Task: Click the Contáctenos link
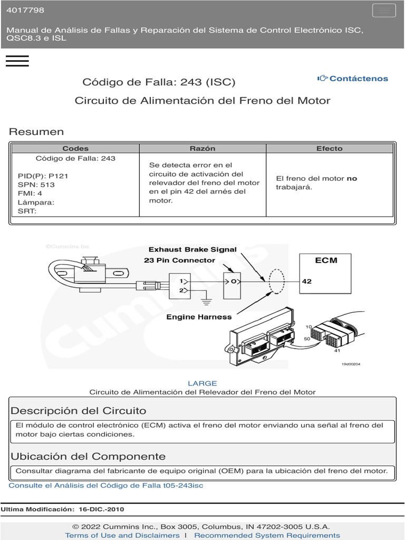point(353,79)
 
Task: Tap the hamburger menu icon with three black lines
point(17,61)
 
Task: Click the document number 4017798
point(25,10)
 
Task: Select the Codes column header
point(75,149)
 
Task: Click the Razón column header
point(202,149)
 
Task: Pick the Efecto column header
point(330,149)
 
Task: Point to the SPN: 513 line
point(36,185)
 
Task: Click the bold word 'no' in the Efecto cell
point(352,178)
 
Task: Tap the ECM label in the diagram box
point(326,260)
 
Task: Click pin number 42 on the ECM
point(307,281)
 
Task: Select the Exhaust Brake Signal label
point(192,249)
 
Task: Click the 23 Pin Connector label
point(179,261)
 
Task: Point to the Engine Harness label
point(199,317)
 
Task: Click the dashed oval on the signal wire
point(276,282)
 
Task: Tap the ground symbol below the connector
point(207,302)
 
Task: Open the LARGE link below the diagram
point(202,383)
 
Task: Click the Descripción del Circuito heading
point(79,411)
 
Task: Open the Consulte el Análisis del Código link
point(106,485)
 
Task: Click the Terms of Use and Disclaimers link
point(122,535)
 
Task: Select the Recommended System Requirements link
point(267,535)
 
